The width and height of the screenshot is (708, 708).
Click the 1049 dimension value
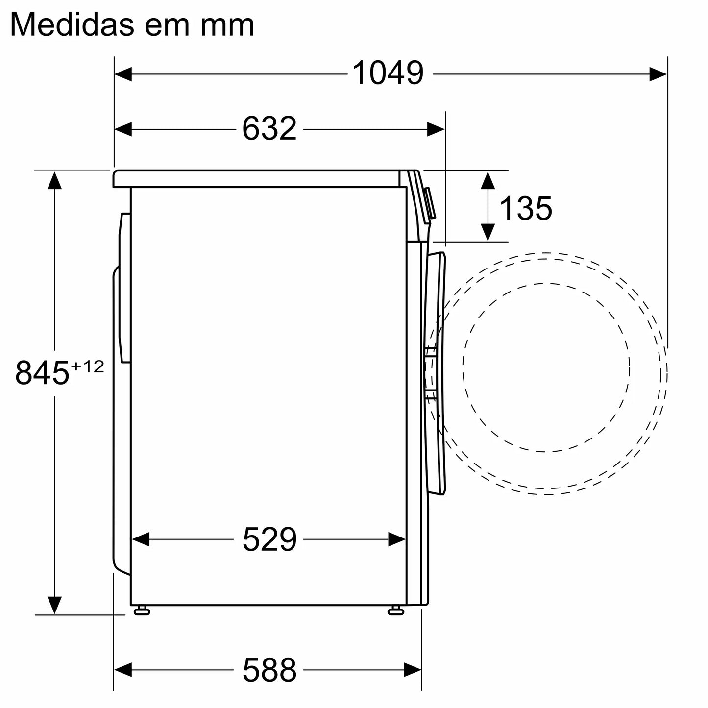click(388, 74)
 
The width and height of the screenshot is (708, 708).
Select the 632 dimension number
click(269, 129)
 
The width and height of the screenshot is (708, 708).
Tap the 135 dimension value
click(526, 208)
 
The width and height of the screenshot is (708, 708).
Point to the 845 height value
click(41, 373)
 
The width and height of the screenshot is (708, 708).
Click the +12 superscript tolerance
click(88, 366)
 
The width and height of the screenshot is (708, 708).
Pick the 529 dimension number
click(269, 539)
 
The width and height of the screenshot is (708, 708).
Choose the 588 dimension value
click(269, 670)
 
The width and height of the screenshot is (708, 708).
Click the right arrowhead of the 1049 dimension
click(658, 74)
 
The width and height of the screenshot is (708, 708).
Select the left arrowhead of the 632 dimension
click(123, 129)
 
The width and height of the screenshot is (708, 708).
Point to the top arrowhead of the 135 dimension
click(487, 181)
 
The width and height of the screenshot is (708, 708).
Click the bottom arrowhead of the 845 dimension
click(54, 605)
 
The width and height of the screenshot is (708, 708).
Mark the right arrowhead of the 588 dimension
click(413, 669)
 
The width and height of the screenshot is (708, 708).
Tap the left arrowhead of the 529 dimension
click(141, 539)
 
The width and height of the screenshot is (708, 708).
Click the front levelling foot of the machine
click(396, 610)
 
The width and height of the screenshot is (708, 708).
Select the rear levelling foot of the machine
click(142, 610)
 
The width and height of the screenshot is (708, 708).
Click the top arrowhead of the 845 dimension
click(54, 181)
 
